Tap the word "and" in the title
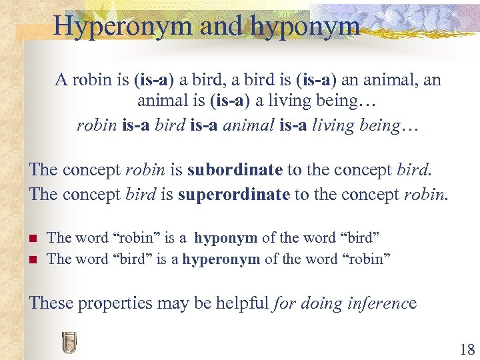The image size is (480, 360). click(x=213, y=26)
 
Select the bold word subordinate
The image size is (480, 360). click(x=235, y=169)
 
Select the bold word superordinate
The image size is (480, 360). click(x=242, y=194)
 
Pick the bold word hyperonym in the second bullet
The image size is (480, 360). click(x=221, y=259)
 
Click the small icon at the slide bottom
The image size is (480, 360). click(x=69, y=341)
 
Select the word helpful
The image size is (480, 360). click(x=237, y=303)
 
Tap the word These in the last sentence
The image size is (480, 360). click(x=51, y=303)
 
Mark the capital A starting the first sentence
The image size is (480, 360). click(x=61, y=81)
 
